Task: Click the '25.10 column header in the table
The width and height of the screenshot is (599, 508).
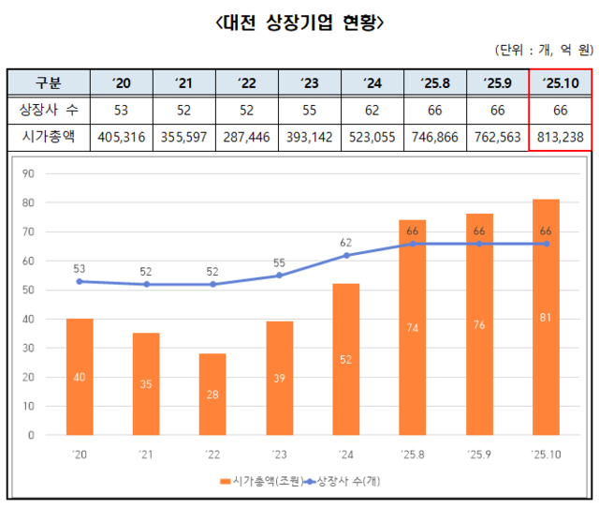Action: [x=560, y=83]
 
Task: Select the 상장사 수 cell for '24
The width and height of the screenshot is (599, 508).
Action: [x=372, y=110]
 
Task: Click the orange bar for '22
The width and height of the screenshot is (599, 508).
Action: [x=212, y=394]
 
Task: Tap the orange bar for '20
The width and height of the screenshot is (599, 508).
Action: [x=80, y=377]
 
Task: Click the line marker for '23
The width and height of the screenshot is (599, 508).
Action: [x=280, y=276]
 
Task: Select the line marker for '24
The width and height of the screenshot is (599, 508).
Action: [x=346, y=255]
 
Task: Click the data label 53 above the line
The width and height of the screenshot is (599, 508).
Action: [x=80, y=268]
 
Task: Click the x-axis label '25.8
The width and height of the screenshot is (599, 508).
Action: [x=413, y=456]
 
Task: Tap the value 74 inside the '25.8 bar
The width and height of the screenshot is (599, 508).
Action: [x=413, y=327]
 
